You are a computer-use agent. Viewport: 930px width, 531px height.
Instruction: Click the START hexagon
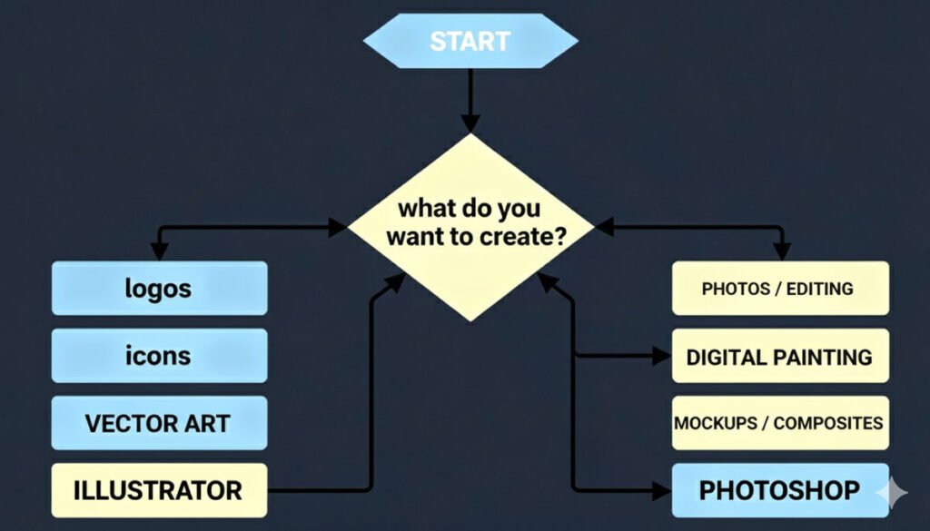[470, 41]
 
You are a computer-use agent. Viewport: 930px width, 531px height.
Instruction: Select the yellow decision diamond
[470, 227]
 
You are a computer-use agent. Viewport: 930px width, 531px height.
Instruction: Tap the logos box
[159, 289]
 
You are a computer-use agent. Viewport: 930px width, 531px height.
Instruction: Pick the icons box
[159, 356]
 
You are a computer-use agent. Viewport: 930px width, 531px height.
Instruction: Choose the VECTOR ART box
[159, 423]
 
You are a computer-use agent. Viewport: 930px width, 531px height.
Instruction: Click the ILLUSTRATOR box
[159, 491]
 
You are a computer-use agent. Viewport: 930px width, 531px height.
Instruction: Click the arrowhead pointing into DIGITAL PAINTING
[661, 357]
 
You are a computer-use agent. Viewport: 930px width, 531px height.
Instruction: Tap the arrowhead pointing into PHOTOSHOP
[661, 491]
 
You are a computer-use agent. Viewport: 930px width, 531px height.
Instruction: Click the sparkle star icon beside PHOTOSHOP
[892, 492]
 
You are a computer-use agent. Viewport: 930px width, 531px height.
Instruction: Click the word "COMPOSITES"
[829, 423]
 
